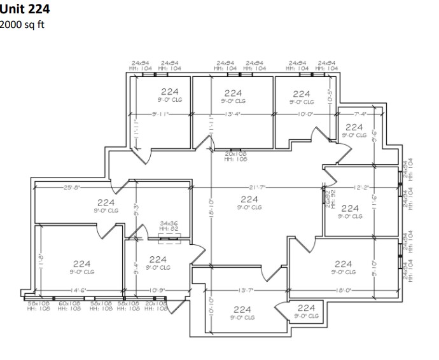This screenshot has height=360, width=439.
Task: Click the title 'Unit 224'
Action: coord(24,9)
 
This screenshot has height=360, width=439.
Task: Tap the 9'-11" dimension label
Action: coord(160,114)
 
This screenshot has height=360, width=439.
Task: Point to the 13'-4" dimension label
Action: coord(232,114)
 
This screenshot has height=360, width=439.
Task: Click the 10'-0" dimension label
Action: coord(305,114)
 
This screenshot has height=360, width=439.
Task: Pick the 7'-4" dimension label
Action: coord(362,114)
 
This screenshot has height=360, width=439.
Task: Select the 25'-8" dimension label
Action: coord(72,187)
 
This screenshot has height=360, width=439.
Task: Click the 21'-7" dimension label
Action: coord(258,187)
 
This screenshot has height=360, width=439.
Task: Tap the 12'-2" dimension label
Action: coord(361,187)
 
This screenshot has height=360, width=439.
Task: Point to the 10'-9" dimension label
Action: coord(157,290)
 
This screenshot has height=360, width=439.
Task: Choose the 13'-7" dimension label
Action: coord(247,290)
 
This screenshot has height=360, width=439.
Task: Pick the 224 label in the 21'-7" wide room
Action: coord(249,199)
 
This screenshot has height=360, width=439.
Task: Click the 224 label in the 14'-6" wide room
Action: coord(81,263)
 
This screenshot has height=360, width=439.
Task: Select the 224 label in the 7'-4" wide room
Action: coord(354,128)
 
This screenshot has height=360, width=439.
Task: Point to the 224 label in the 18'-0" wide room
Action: coord(343,263)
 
